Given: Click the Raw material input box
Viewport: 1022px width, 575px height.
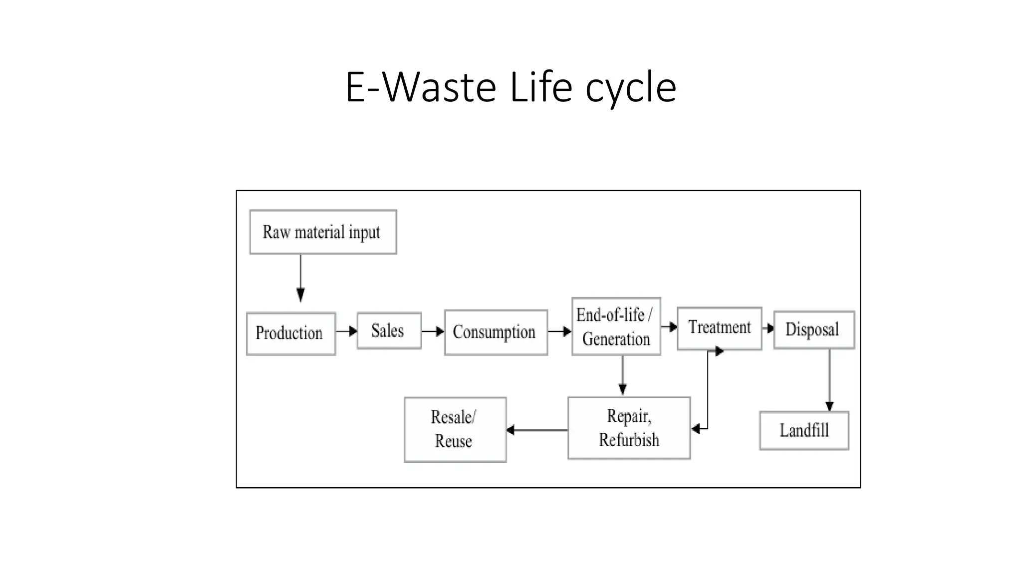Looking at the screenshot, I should click(323, 232).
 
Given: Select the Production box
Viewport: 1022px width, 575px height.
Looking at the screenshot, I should click(291, 333).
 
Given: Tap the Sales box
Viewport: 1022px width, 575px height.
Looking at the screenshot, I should click(389, 330).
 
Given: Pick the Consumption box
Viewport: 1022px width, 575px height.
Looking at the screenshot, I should click(496, 332).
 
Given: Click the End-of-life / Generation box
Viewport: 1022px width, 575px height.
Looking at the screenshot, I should click(616, 326).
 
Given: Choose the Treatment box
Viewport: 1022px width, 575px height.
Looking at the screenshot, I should click(719, 328).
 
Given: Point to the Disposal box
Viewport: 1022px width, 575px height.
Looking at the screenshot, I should click(813, 329).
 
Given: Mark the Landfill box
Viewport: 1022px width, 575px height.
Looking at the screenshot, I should click(803, 430).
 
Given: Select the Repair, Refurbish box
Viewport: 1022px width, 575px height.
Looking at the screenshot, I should click(629, 428).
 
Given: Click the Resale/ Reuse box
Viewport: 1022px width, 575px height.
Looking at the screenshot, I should click(455, 429).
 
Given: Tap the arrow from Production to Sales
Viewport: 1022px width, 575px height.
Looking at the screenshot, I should click(346, 331).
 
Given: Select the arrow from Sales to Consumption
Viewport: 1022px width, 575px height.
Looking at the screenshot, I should click(433, 331).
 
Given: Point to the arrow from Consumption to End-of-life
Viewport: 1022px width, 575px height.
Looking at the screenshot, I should click(559, 331).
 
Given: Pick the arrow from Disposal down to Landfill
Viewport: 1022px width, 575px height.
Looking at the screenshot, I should click(829, 380).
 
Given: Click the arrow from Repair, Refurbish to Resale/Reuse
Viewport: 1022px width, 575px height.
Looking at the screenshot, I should click(537, 430).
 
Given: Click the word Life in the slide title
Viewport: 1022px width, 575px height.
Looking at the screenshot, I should click(540, 87).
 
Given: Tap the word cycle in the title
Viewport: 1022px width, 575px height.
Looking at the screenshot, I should click(631, 89).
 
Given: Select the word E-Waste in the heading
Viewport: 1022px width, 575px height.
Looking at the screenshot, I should click(421, 87).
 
